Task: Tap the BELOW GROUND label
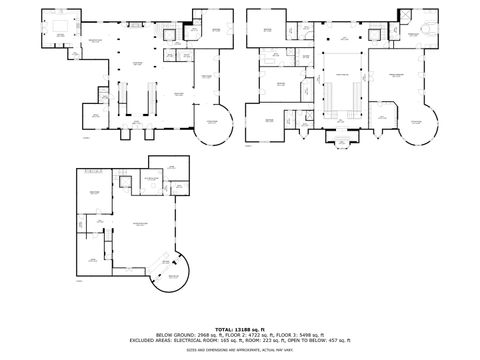point(174,334)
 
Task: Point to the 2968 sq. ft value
point(208,334)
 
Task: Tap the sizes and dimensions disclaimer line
point(240,350)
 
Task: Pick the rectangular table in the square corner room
point(59,22)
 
